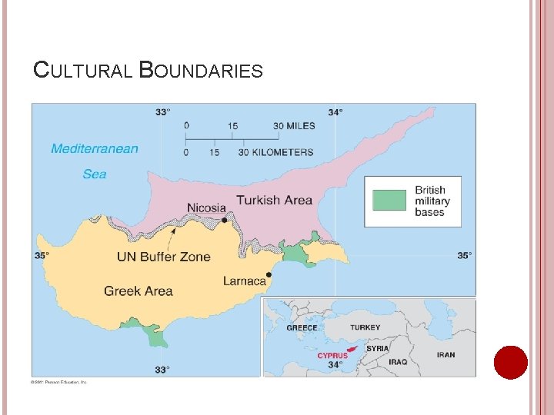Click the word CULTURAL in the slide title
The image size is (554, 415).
tap(84, 71)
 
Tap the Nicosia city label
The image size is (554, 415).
tap(206, 207)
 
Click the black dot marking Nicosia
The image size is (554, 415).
tap(225, 220)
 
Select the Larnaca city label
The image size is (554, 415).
tap(244, 281)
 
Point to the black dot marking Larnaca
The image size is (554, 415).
tap(269, 274)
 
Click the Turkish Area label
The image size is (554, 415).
tap(274, 200)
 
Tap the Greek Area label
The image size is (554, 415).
tap(138, 290)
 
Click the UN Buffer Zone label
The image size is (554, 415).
tap(163, 257)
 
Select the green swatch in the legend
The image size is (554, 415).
tap(389, 201)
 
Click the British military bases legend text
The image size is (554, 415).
tap(432, 201)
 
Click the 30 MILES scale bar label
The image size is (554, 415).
tap(293, 126)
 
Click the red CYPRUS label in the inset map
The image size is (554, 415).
tap(332, 356)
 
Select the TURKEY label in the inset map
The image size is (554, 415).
tap(365, 327)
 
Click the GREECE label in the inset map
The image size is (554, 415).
tap(302, 328)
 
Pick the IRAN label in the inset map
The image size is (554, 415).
tap(446, 355)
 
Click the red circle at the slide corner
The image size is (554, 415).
tap(510, 362)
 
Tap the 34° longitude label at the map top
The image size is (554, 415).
tap(335, 111)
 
